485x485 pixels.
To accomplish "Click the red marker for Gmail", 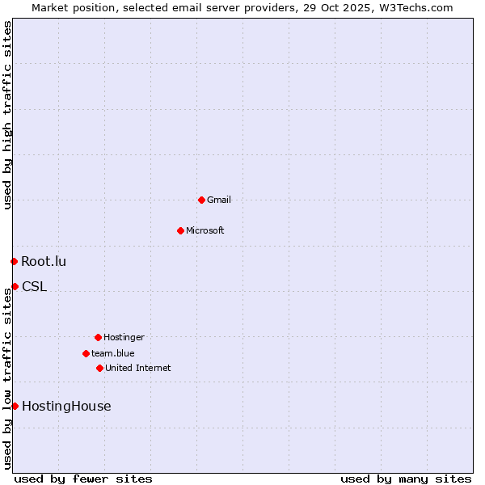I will [x=201, y=200].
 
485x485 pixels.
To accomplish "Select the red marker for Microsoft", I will [x=180, y=230].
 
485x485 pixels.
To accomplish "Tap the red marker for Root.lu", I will [x=14, y=261].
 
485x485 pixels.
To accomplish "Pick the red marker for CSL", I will [x=15, y=286].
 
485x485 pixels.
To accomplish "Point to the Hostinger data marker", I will [x=98, y=337].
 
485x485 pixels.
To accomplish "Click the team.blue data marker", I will [x=86, y=353].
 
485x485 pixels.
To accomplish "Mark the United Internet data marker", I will [x=99, y=368].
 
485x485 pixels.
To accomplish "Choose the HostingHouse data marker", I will [x=15, y=406].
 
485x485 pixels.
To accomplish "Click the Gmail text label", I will [x=219, y=200].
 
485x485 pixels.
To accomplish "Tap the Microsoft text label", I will [x=205, y=230].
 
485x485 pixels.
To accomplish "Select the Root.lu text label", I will [x=44, y=261].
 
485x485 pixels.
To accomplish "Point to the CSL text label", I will [x=34, y=286].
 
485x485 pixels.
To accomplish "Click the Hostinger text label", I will [x=124, y=337].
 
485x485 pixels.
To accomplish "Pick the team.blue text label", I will [x=113, y=353].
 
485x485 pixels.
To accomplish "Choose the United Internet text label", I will [x=138, y=368].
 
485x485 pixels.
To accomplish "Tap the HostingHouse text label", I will [x=66, y=406].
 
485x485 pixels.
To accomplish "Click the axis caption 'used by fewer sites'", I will [x=83, y=479].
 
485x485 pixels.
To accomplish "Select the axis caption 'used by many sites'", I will [x=406, y=479].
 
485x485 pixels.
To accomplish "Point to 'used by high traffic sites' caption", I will [x=7, y=115].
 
